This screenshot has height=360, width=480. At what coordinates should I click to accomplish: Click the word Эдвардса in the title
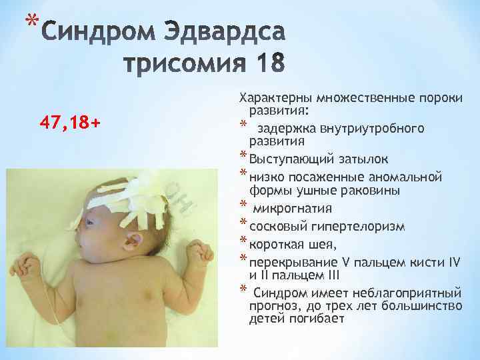(229, 33)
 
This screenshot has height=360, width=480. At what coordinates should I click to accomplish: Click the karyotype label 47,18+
(69, 123)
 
